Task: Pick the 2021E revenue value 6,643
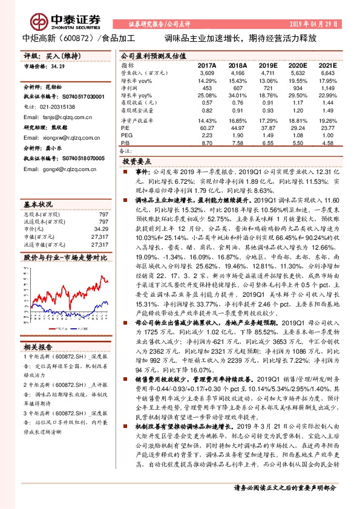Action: point(326,73)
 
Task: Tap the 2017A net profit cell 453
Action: point(207,88)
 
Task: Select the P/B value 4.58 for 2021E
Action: point(326,143)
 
